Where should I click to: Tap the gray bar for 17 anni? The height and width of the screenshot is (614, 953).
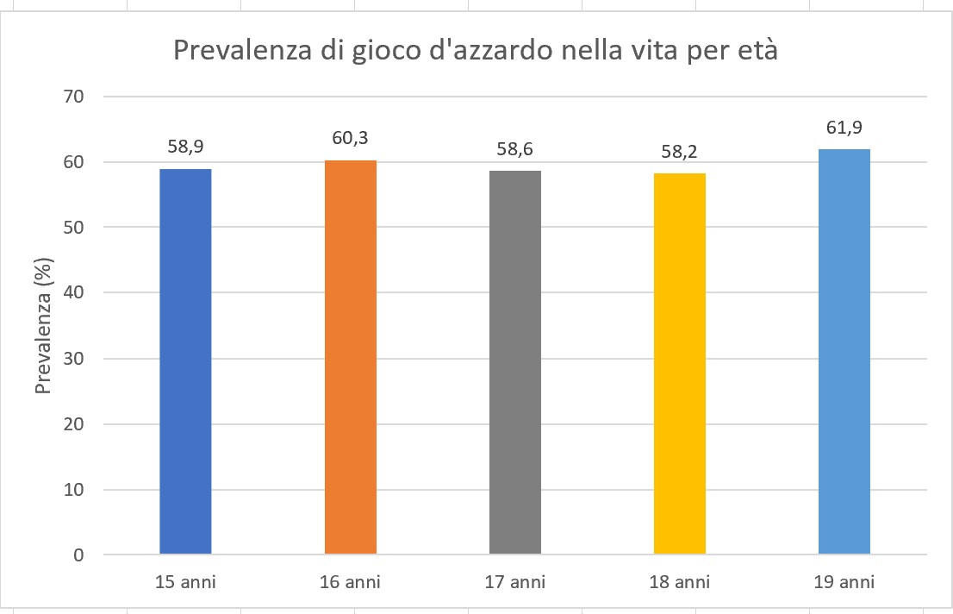pos(515,362)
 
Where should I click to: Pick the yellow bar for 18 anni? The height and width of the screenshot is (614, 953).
pos(680,363)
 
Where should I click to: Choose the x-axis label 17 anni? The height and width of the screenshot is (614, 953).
pos(515,583)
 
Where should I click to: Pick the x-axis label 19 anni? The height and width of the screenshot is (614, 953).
pos(844,583)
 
